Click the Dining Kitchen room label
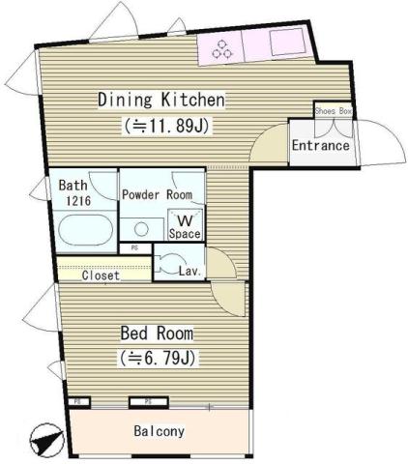[161, 100]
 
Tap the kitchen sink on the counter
[287, 44]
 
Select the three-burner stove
[221, 48]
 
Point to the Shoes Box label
[333, 112]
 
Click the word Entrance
[320, 146]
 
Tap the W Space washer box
[185, 226]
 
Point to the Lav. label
[189, 272]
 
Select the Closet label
[100, 275]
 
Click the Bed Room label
[157, 333]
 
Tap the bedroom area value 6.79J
[157, 359]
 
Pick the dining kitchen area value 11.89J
[168, 125]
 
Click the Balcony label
[160, 431]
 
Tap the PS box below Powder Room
[134, 247]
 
